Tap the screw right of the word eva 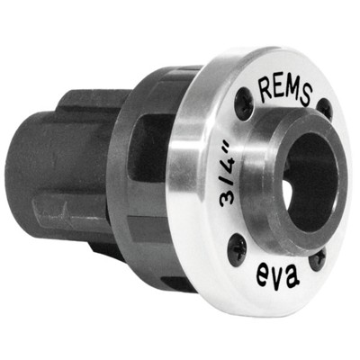318,257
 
